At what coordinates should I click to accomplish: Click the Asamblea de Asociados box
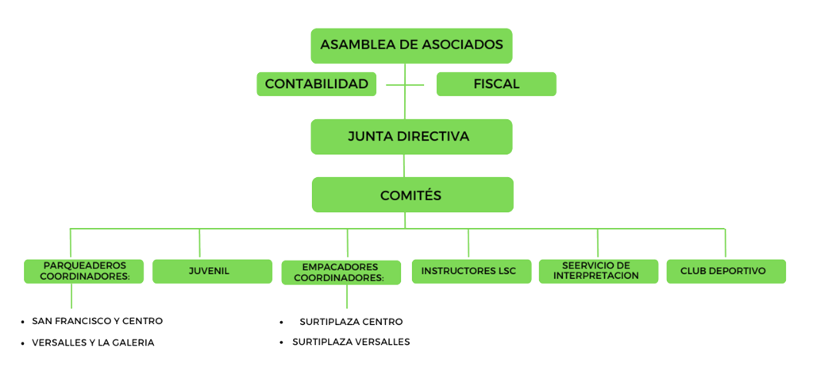pyautogui.click(x=411, y=45)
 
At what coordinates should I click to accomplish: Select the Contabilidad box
pyautogui.click(x=316, y=83)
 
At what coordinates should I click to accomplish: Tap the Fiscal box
pyautogui.click(x=496, y=83)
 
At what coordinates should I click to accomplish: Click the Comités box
pyautogui.click(x=411, y=195)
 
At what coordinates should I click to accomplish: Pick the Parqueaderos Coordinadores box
pyautogui.click(x=83, y=272)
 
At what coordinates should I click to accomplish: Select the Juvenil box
pyautogui.click(x=210, y=272)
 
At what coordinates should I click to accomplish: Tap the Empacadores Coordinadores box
pyautogui.click(x=340, y=272)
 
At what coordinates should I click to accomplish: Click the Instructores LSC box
pyautogui.click(x=468, y=272)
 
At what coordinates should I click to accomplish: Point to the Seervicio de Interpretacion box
pyautogui.click(x=599, y=272)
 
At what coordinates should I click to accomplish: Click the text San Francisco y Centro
pyautogui.click(x=98, y=322)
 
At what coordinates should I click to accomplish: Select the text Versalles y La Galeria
pyautogui.click(x=93, y=342)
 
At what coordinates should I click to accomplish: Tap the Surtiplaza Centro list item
pyautogui.click(x=351, y=322)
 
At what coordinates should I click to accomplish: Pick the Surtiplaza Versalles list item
pyautogui.click(x=351, y=342)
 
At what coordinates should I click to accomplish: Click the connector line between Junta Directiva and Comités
pyautogui.click(x=405, y=165)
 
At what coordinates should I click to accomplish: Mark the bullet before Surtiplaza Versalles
pyautogui.click(x=282, y=343)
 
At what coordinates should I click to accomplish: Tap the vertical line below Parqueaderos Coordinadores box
pyautogui.click(x=71, y=296)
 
